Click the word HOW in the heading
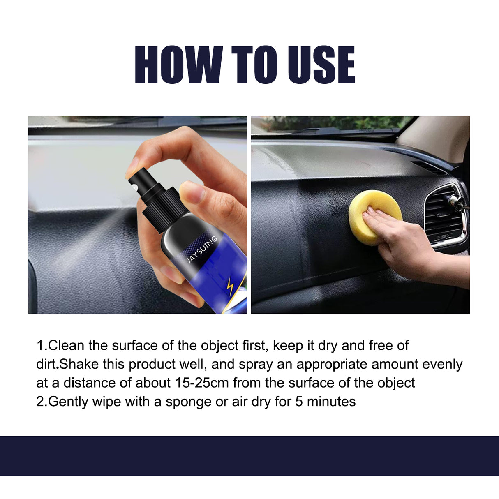[178, 65]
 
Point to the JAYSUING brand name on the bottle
[201, 249]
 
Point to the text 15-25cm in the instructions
[202, 383]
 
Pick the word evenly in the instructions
[442, 364]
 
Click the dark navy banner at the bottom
[249, 455]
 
